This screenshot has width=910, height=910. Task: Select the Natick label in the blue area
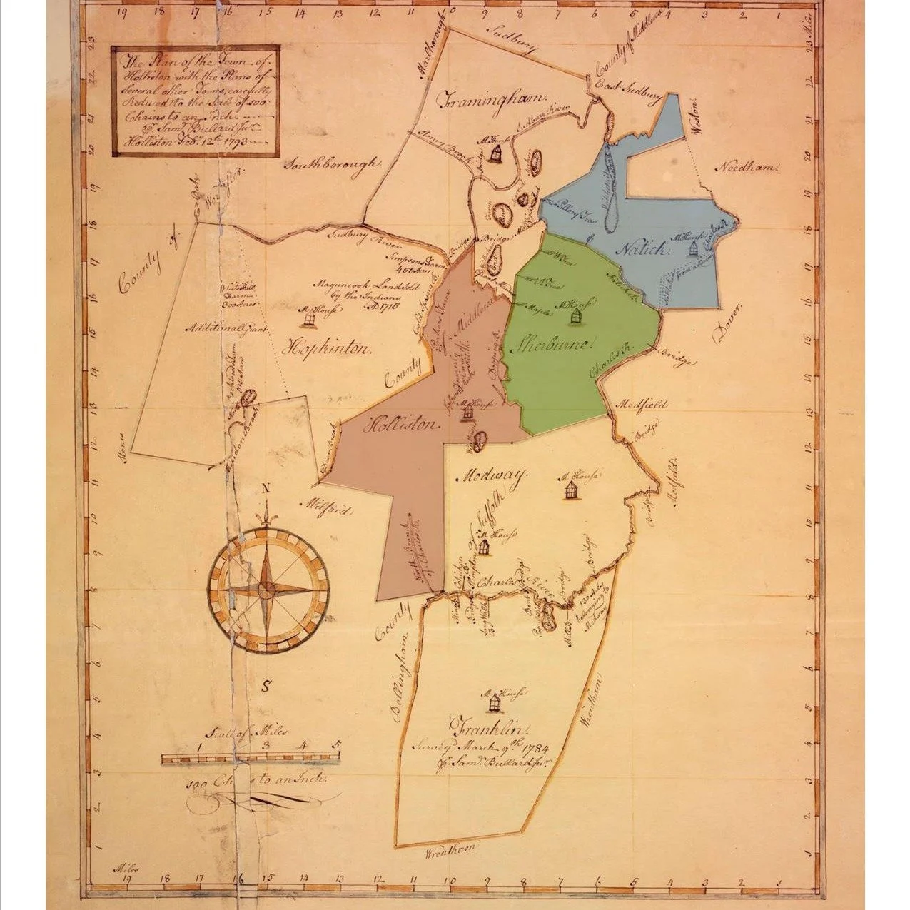[x=641, y=249]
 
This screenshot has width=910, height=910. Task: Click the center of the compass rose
[x=267, y=589]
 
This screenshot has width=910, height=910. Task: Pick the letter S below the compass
[x=266, y=687]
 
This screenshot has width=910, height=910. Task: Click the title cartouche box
[x=195, y=101]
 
